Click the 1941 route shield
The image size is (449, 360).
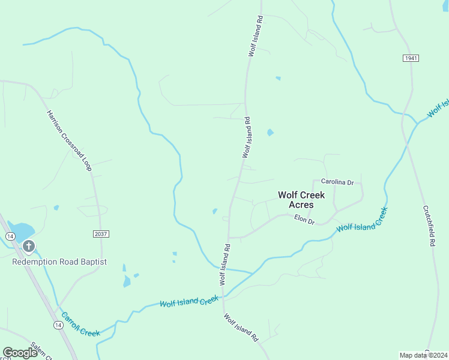pyautogui.click(x=411, y=58)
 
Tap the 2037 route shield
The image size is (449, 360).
pyautogui.click(x=101, y=233)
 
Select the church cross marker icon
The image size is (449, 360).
pyautogui.click(x=28, y=246)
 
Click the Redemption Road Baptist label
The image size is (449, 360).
pyautogui.click(x=59, y=262)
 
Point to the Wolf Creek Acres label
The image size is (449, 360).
pyautogui.click(x=301, y=200)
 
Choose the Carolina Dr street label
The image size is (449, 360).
pyautogui.click(x=337, y=181)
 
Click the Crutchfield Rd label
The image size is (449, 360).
pyautogui.click(x=428, y=227)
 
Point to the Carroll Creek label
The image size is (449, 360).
pyautogui.click(x=80, y=325)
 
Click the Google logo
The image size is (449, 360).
pyautogui.click(x=20, y=353)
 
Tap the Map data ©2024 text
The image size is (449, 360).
pyautogui.click(x=424, y=355)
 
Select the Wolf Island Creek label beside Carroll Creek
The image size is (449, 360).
pyautogui.click(x=189, y=301)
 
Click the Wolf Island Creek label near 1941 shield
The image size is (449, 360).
pyautogui.click(x=438, y=109)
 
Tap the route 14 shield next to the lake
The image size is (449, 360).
pyautogui.click(x=10, y=236)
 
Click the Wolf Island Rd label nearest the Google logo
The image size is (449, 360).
pyautogui.click(x=240, y=327)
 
